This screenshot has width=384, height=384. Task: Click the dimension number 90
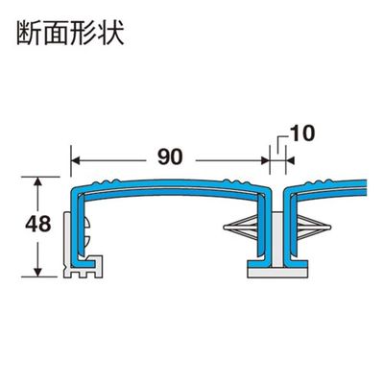point(170,157)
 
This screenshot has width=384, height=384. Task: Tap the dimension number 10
point(302,133)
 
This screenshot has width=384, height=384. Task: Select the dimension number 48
point(38,225)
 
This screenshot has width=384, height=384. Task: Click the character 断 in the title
point(30,34)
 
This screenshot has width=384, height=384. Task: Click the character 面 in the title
point(57,34)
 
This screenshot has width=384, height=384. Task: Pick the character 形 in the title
point(84,34)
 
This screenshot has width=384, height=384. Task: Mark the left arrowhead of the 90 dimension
point(77,160)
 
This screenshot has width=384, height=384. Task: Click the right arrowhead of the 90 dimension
point(264,160)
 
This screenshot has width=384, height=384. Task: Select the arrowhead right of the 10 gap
point(290,160)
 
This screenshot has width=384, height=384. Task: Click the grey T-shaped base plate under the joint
point(277,272)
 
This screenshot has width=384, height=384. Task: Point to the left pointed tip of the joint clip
point(225,228)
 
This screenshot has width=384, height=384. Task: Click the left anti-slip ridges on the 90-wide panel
point(104,182)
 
